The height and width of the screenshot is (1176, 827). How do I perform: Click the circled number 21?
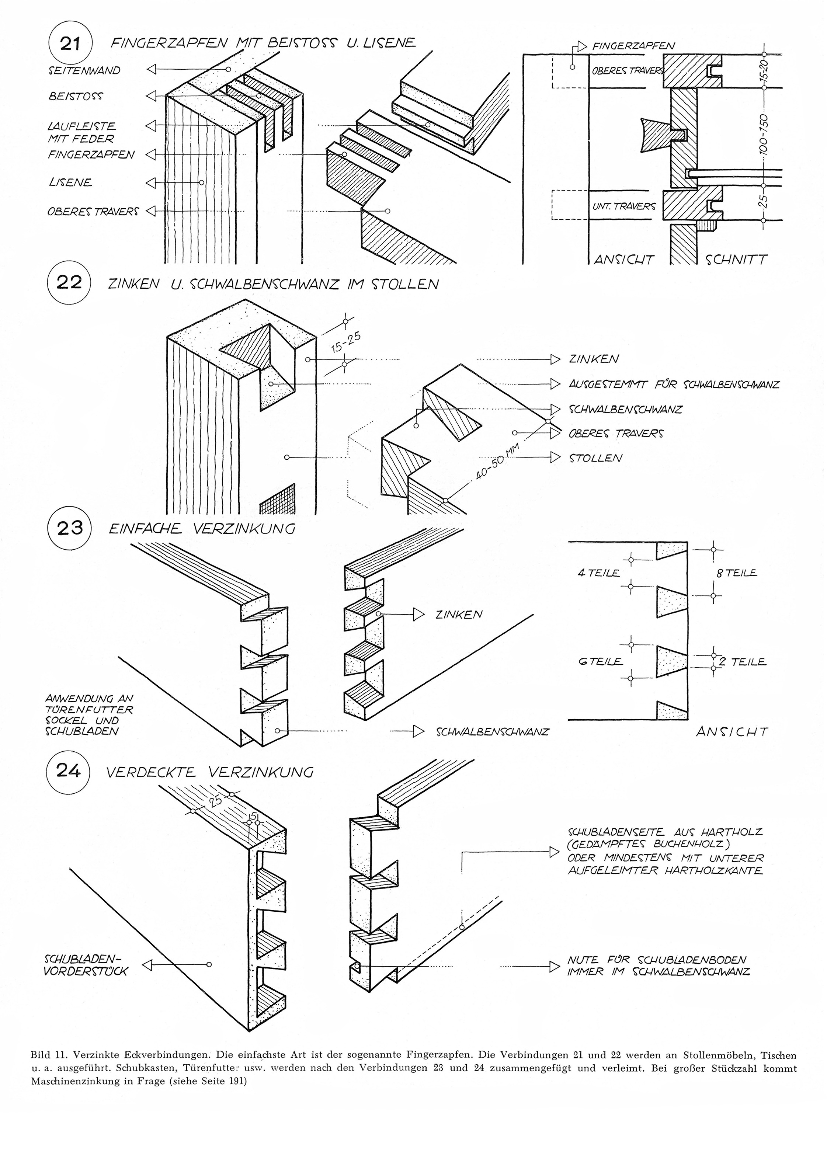coord(70,43)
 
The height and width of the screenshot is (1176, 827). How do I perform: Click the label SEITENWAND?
coord(84,70)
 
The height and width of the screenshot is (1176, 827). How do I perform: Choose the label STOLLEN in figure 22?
coord(595,458)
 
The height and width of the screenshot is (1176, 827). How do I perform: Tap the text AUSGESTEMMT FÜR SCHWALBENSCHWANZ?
coord(674,384)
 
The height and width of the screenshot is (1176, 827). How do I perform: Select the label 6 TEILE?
coord(601,661)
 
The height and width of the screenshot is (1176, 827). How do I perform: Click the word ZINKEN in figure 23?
coord(459,614)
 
